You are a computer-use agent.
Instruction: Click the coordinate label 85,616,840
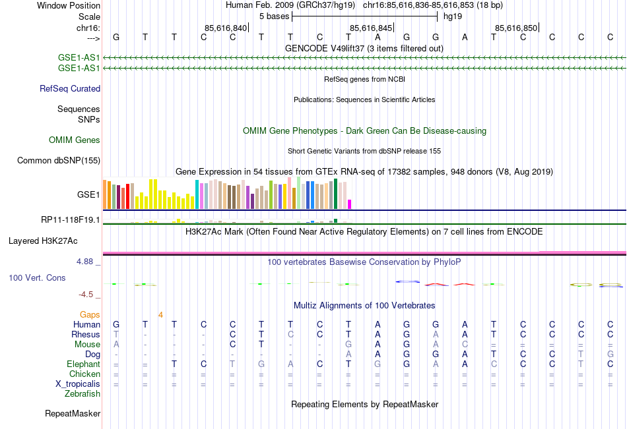tap(226, 28)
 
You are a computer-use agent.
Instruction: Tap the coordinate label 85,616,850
tap(516, 28)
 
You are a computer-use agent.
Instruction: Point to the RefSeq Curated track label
tap(70, 88)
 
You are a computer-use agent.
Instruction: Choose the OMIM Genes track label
tap(75, 140)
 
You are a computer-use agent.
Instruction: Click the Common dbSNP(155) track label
tap(59, 160)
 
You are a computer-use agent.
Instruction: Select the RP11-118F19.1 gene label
tap(71, 219)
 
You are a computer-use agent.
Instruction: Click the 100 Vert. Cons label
tap(37, 277)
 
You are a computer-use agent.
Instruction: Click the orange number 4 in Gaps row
tap(160, 314)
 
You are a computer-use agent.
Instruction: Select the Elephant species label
tap(83, 364)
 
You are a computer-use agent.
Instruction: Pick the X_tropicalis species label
tap(78, 384)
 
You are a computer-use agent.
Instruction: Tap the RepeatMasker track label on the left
tap(73, 414)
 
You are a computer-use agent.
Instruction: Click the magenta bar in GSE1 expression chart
tap(350, 204)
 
